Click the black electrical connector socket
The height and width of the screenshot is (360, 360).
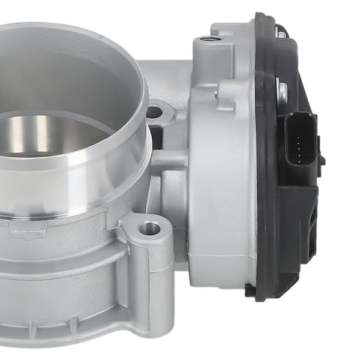coord(300,138)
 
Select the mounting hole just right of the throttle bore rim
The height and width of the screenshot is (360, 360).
coord(155,112)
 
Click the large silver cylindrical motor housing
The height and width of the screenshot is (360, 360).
coord(222,180)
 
